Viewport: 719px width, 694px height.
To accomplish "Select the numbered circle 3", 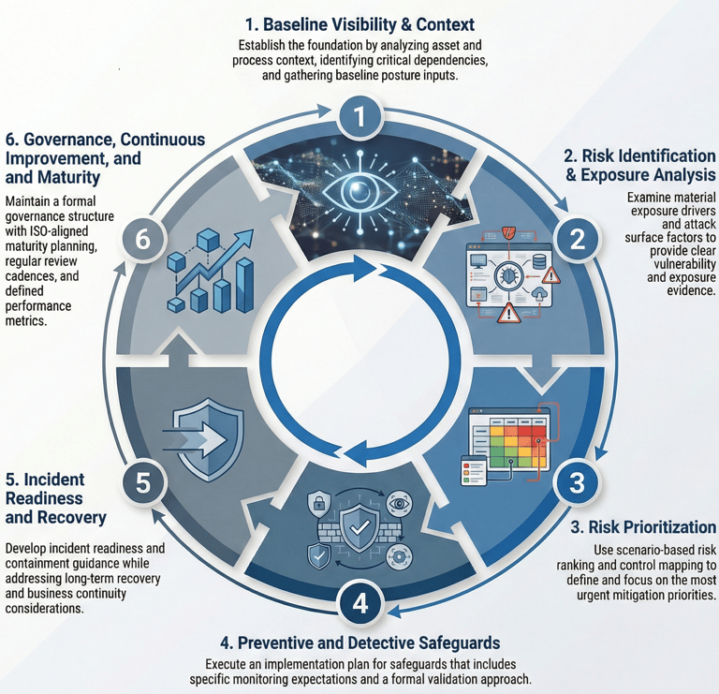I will [x=577, y=481].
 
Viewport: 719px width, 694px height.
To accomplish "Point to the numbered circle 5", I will [x=143, y=481].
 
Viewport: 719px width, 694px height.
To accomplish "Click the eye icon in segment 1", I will [x=359, y=191].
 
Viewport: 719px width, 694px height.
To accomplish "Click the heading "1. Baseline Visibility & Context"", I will [x=359, y=23].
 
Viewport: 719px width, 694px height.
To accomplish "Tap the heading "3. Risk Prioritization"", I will [x=643, y=527].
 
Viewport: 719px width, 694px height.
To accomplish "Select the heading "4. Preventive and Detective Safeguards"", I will [x=360, y=642].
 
